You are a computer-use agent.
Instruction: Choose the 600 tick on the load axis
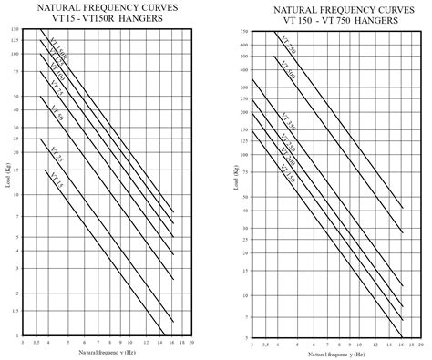[244, 42]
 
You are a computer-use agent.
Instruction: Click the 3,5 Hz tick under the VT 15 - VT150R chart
[36, 343]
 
